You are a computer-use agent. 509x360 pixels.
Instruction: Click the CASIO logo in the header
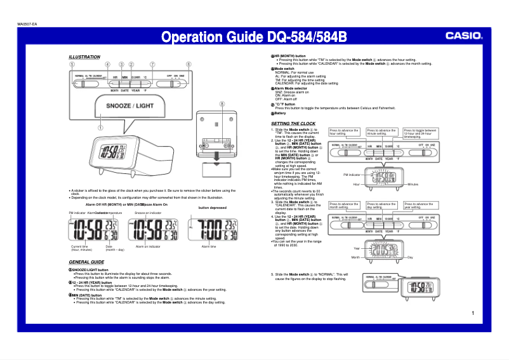point(463,37)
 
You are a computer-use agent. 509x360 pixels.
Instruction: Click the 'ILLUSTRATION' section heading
point(84,57)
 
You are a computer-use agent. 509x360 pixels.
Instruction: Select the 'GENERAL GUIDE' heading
point(86,262)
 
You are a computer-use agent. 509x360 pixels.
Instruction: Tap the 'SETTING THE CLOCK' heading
point(293,123)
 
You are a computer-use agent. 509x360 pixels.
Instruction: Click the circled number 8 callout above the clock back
point(221,103)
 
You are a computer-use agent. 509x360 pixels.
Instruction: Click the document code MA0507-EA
point(27,25)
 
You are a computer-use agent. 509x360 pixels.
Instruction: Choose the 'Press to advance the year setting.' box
point(420,206)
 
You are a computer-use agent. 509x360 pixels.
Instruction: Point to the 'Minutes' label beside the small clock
point(415,184)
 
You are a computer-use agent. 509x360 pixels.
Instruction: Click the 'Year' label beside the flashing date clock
point(357,248)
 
